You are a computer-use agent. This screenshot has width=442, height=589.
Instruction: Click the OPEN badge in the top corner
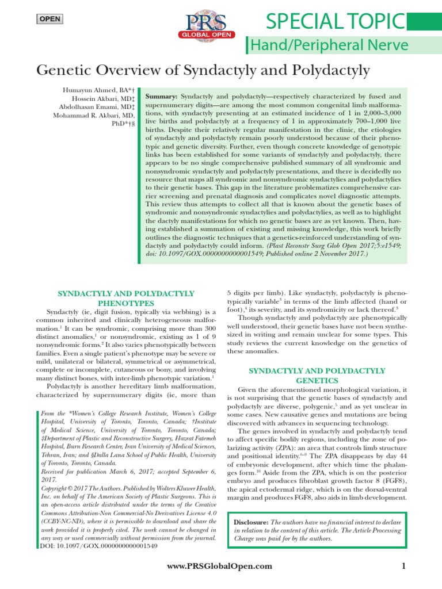(x=49, y=20)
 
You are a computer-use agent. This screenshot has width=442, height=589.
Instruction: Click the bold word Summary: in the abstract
(x=163, y=97)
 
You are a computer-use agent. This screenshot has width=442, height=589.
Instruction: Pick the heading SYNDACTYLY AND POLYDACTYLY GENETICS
(x=317, y=376)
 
